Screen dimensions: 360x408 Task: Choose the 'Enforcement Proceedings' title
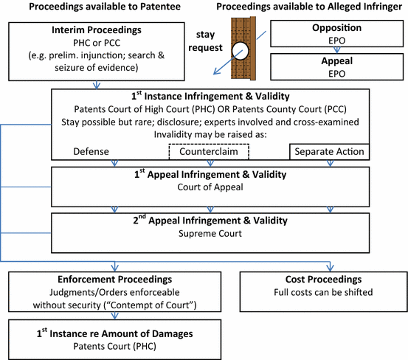point(114,281)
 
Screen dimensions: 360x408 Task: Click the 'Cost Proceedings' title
point(323,281)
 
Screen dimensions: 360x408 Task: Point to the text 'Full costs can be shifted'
point(323,294)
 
